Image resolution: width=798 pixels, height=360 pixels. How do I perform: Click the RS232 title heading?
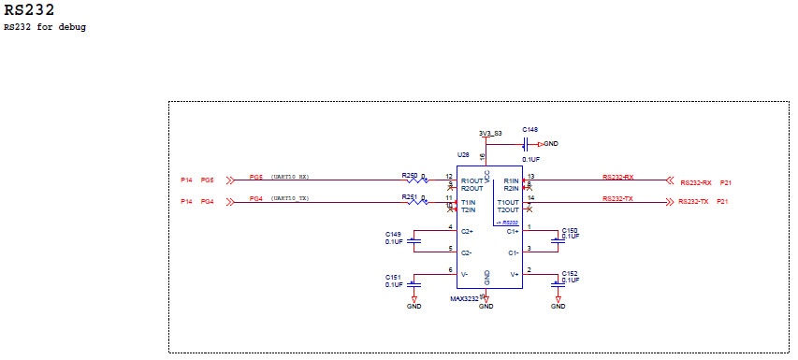point(29,10)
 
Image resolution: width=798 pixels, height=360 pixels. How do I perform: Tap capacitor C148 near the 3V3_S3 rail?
point(526,143)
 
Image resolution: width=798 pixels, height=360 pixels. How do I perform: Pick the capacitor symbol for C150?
point(559,239)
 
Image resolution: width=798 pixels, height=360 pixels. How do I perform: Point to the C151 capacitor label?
point(393,277)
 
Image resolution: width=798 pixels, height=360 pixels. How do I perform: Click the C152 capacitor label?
point(570,273)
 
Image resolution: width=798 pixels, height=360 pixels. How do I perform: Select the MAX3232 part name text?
point(464,298)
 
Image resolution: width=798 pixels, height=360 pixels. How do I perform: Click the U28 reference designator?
point(462,154)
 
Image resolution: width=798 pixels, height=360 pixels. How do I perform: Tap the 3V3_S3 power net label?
point(489,133)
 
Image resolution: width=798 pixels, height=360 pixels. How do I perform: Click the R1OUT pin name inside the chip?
point(472,180)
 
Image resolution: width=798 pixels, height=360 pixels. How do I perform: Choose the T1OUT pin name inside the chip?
point(508,203)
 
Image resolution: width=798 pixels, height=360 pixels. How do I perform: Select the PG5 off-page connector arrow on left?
point(225,179)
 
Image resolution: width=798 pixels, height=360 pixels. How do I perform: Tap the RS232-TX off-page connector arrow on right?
point(668,201)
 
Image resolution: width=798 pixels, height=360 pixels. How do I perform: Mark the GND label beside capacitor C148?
point(551,143)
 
